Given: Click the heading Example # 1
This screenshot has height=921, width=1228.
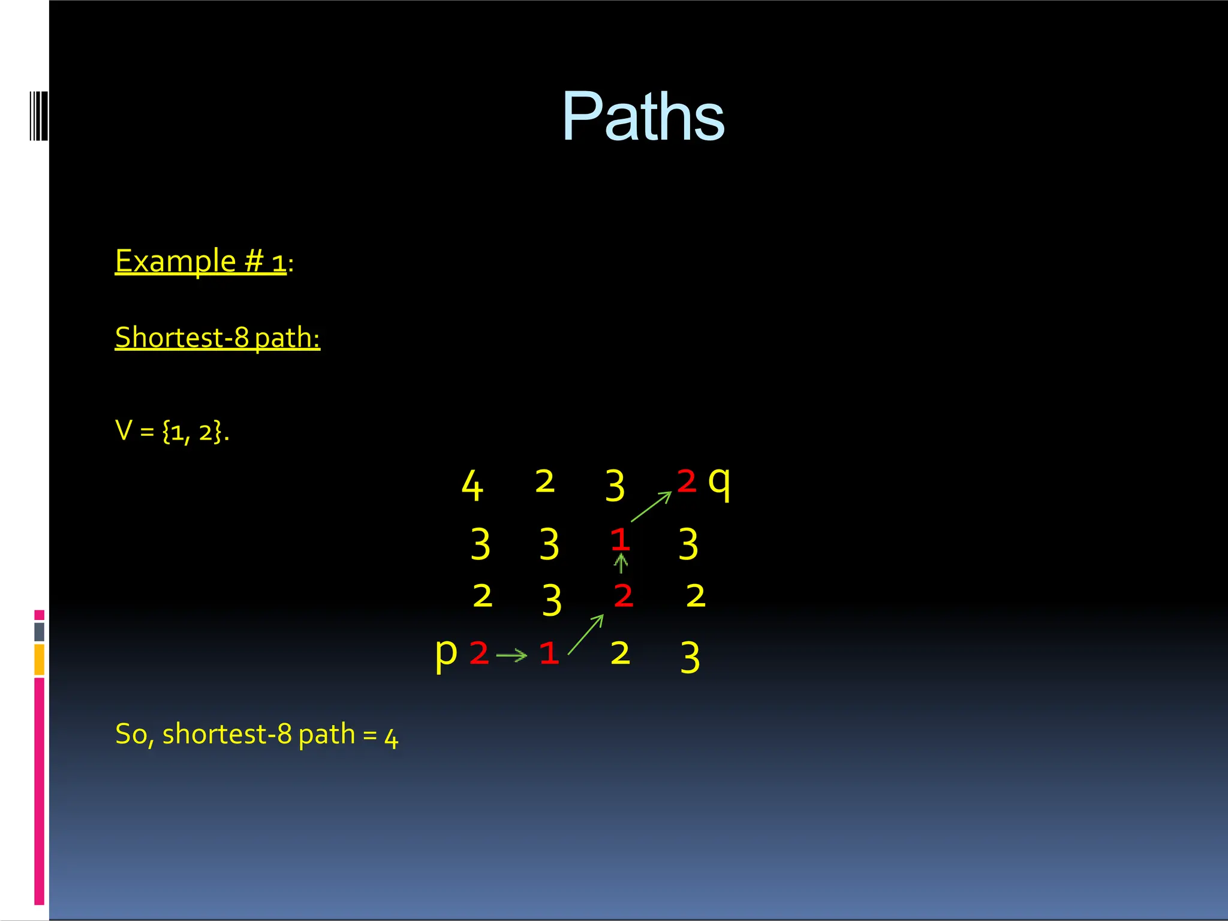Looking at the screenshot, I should [x=201, y=261].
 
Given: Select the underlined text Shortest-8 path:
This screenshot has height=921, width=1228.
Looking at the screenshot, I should [x=217, y=338].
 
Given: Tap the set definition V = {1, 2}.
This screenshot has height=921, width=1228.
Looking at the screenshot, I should [x=172, y=431].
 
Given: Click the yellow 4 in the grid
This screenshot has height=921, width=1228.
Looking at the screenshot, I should [x=472, y=486].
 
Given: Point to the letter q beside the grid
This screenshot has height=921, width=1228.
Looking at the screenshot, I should [x=719, y=483].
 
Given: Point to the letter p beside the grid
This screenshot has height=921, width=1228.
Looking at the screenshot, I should [x=446, y=653].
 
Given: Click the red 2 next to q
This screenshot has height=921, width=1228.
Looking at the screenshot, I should [x=687, y=481].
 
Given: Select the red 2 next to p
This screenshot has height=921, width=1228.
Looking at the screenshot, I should [x=479, y=653].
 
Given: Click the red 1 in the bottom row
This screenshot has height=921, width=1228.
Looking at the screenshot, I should [x=549, y=653].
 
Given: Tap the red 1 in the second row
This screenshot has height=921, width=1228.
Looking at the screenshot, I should [x=620, y=540].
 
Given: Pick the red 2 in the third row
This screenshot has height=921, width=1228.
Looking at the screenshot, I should [x=624, y=596].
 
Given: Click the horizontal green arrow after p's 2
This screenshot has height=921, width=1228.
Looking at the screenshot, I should [x=512, y=655].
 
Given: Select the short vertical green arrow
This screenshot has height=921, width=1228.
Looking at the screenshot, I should [x=621, y=564].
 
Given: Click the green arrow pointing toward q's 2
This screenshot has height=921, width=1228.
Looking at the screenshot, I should [x=651, y=507].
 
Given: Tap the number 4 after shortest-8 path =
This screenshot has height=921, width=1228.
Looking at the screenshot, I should [x=391, y=739].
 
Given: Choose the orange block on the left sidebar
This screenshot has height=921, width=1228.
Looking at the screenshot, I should [x=40, y=660].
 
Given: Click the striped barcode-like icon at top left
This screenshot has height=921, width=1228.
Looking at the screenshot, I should [x=39, y=116].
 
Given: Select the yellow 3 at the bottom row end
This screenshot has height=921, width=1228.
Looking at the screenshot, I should [x=690, y=657].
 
